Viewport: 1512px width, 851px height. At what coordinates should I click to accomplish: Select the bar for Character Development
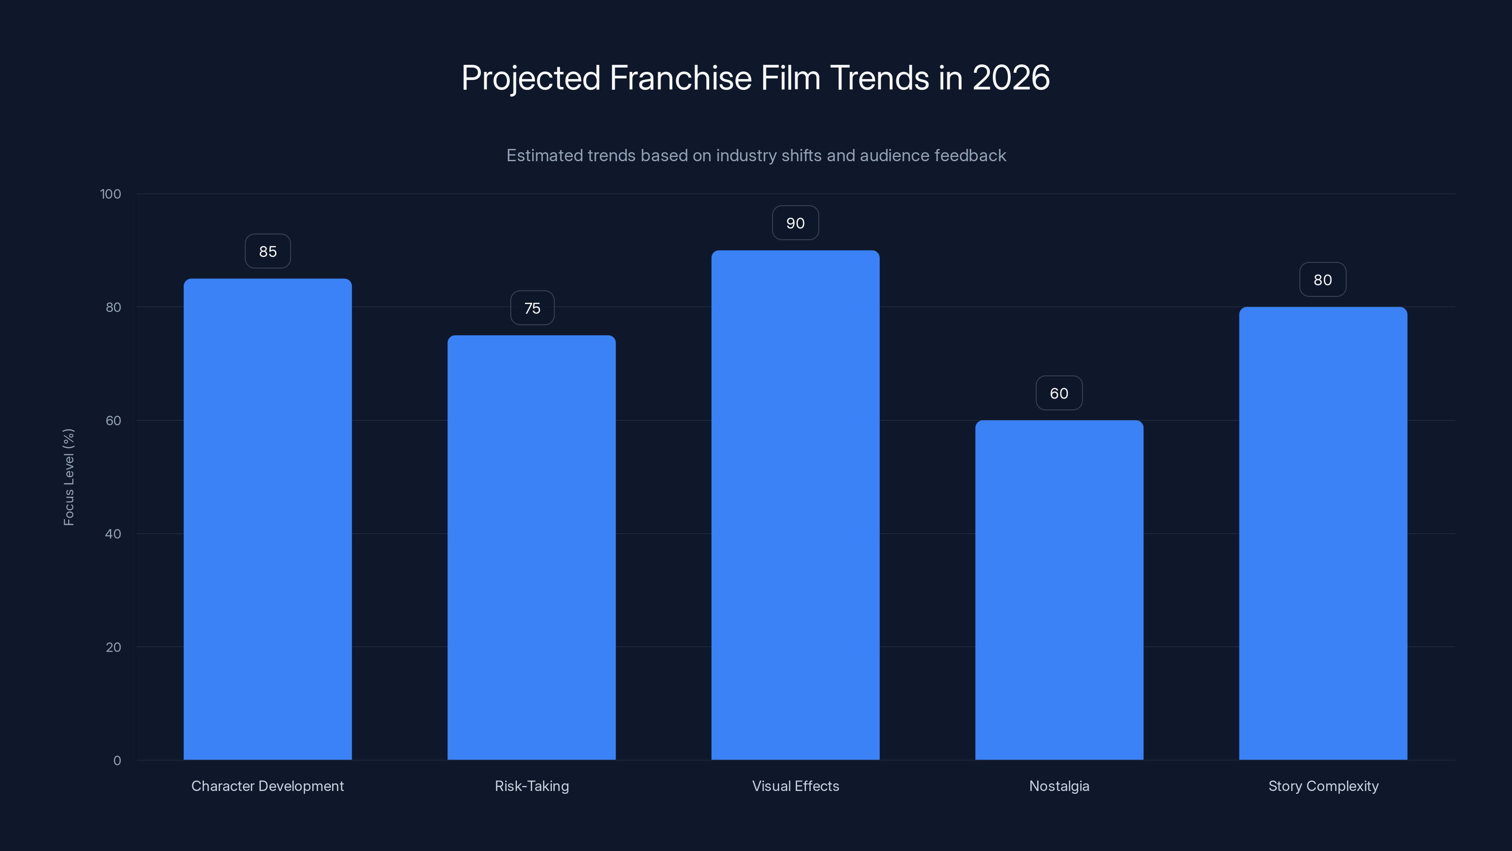pyautogui.click(x=267, y=519)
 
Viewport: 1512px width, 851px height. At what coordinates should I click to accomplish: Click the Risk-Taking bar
pyautogui.click(x=531, y=547)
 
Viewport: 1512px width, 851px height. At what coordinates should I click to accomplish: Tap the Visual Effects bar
pyautogui.click(x=795, y=505)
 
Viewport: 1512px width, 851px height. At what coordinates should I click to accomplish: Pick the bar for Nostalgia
pyautogui.click(x=1059, y=590)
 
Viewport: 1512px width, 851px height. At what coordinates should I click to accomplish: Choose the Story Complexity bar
pyautogui.click(x=1323, y=533)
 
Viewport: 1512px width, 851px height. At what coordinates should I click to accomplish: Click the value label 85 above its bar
pyautogui.click(x=267, y=252)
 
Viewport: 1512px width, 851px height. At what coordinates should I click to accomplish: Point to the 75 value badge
pyautogui.click(x=532, y=308)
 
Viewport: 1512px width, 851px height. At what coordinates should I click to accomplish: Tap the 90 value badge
pyautogui.click(x=795, y=223)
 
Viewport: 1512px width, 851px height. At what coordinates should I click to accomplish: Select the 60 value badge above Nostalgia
pyautogui.click(x=1059, y=393)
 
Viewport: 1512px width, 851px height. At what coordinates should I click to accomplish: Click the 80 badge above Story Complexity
pyautogui.click(x=1323, y=280)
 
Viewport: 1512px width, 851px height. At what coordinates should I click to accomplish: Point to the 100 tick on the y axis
pyautogui.click(x=111, y=194)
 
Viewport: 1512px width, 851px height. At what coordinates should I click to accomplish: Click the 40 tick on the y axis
pyautogui.click(x=113, y=534)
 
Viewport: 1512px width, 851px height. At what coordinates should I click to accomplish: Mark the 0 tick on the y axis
pyautogui.click(x=117, y=761)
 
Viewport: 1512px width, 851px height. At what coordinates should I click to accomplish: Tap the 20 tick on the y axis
pyautogui.click(x=113, y=647)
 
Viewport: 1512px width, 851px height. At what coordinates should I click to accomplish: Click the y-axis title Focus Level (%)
pyautogui.click(x=69, y=477)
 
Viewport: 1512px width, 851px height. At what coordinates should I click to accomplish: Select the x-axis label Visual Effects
pyautogui.click(x=795, y=786)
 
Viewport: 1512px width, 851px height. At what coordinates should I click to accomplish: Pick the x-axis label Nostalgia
pyautogui.click(x=1059, y=786)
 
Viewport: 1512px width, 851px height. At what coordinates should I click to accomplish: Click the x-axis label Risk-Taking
pyautogui.click(x=532, y=786)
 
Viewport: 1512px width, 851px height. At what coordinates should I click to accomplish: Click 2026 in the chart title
pyautogui.click(x=1011, y=78)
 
